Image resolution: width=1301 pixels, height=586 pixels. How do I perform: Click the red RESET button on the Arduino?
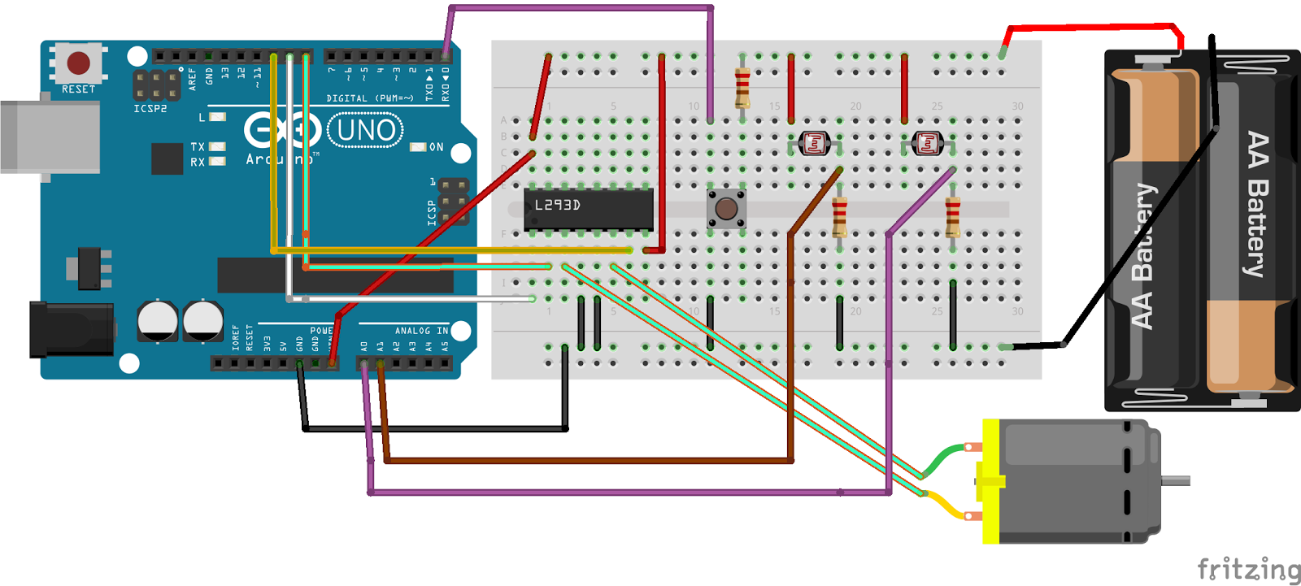[x=78, y=63]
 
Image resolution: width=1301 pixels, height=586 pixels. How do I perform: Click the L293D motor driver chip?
[x=589, y=209]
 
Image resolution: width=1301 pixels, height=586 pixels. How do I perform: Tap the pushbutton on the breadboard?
[x=726, y=209]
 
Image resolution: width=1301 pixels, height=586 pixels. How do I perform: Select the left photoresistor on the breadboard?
[x=814, y=144]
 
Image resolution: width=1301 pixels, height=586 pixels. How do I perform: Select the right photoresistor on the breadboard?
[x=927, y=144]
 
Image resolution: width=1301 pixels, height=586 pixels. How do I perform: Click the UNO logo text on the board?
[x=365, y=131]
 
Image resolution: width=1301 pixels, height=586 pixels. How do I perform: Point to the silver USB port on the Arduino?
[x=49, y=137]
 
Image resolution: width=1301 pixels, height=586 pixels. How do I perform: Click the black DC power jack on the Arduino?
[x=69, y=329]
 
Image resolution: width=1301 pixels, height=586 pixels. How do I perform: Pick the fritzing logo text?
[x=1248, y=570]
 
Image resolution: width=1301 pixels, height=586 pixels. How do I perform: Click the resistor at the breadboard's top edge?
[x=742, y=87]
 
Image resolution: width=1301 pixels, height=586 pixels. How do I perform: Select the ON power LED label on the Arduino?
[x=437, y=147]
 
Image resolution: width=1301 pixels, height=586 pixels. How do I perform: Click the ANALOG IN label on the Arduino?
[x=420, y=331]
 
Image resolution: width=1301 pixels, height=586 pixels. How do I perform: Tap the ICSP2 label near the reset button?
[x=150, y=109]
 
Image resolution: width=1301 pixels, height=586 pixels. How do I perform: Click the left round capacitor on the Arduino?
[x=157, y=320]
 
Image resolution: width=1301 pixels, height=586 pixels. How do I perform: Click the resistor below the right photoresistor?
[x=953, y=215]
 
